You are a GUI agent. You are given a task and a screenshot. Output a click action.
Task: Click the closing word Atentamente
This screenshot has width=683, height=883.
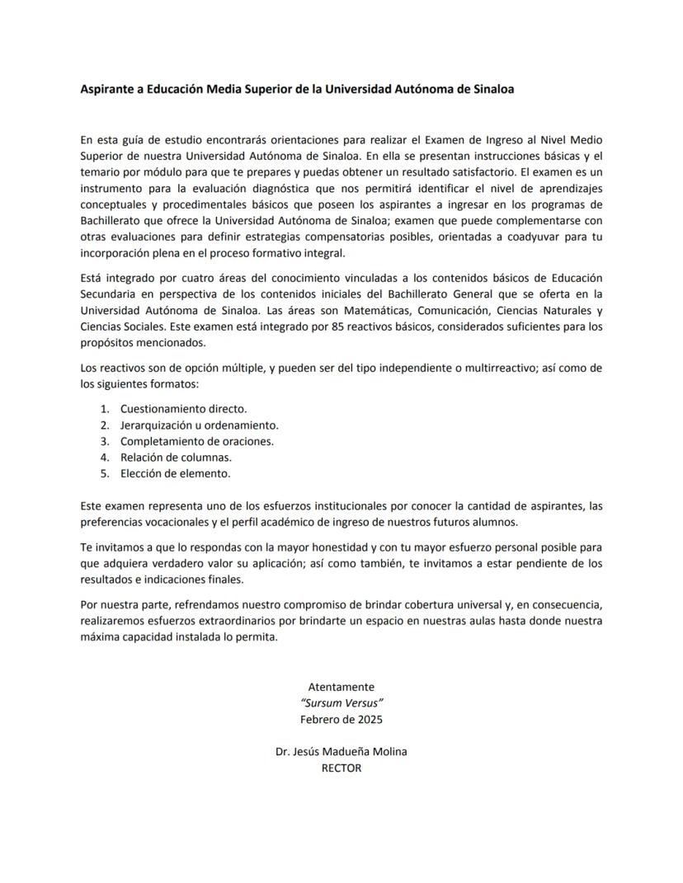tap(341, 687)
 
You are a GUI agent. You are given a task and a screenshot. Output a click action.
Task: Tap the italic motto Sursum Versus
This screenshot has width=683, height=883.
tap(341, 702)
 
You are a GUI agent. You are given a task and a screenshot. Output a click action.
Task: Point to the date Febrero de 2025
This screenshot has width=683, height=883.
tap(341, 719)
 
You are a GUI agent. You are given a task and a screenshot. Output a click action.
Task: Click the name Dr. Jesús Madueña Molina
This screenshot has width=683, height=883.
tap(341, 751)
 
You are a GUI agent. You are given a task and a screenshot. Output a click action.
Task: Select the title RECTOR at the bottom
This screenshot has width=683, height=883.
tap(341, 768)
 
